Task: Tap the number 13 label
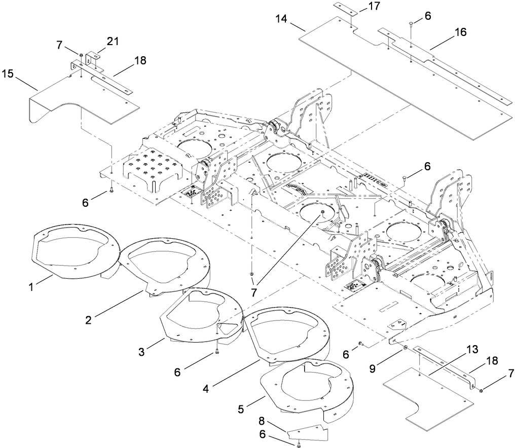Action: pos(472,350)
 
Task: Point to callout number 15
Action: pos(8,73)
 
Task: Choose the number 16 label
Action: pos(461,31)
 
